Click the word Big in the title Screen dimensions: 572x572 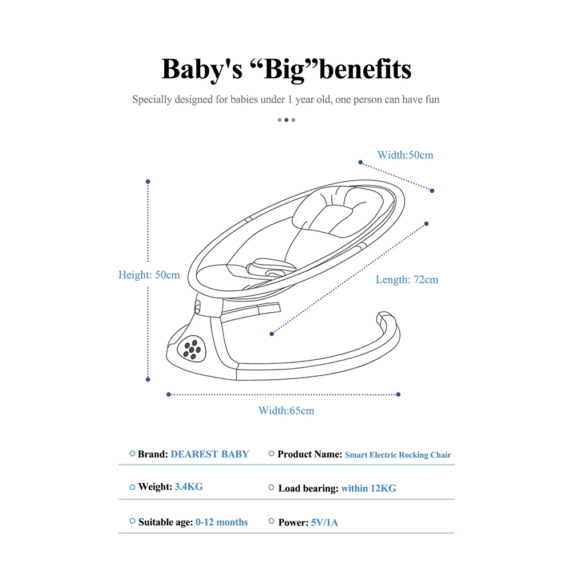pos(284,69)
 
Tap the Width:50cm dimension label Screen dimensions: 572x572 pos(406,155)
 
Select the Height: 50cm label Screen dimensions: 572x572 pos(149,275)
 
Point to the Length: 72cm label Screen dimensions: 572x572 pos(407,280)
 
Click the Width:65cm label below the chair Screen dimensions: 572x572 pos(287,411)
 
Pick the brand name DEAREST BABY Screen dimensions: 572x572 pos(210,454)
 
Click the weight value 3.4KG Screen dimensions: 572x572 pos(189,487)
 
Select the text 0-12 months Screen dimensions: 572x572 pos(221,522)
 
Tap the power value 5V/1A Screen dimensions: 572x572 pos(324,523)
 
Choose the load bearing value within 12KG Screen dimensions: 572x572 pos(368,488)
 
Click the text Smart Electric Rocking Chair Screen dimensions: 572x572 pos(398,455)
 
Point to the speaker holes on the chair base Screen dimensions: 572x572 pos(192,349)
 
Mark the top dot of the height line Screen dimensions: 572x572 pos(148,182)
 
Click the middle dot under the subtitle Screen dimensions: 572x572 pos(287,120)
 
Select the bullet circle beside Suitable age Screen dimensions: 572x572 pos(133,521)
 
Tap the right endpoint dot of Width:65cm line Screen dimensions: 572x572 pos(398,394)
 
